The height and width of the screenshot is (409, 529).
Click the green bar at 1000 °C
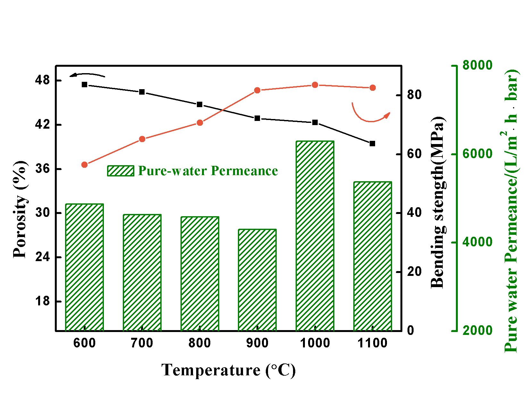[315, 236]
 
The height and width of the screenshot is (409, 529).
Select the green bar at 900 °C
[257, 280]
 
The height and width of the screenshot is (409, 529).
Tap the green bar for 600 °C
[84, 267]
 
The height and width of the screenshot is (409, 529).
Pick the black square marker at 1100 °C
[372, 143]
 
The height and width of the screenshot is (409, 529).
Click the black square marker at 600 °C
[84, 85]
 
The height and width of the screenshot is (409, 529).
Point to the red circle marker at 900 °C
[257, 90]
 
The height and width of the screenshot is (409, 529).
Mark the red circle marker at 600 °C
[84, 165]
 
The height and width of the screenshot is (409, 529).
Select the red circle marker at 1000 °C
[315, 85]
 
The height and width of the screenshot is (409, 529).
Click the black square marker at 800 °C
[199, 104]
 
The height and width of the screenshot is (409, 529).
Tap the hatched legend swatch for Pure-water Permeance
[121, 171]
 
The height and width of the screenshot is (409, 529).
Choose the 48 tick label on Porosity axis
[43, 80]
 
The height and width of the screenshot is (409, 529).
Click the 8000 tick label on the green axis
[477, 65]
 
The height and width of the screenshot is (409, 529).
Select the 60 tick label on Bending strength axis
[414, 154]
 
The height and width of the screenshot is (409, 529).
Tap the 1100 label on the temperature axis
[372, 343]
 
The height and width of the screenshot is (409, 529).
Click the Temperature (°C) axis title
[228, 370]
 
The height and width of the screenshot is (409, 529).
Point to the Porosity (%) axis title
[20, 209]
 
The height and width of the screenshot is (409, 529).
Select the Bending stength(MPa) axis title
[437, 202]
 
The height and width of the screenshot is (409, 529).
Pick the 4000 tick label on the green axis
[477, 242]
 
